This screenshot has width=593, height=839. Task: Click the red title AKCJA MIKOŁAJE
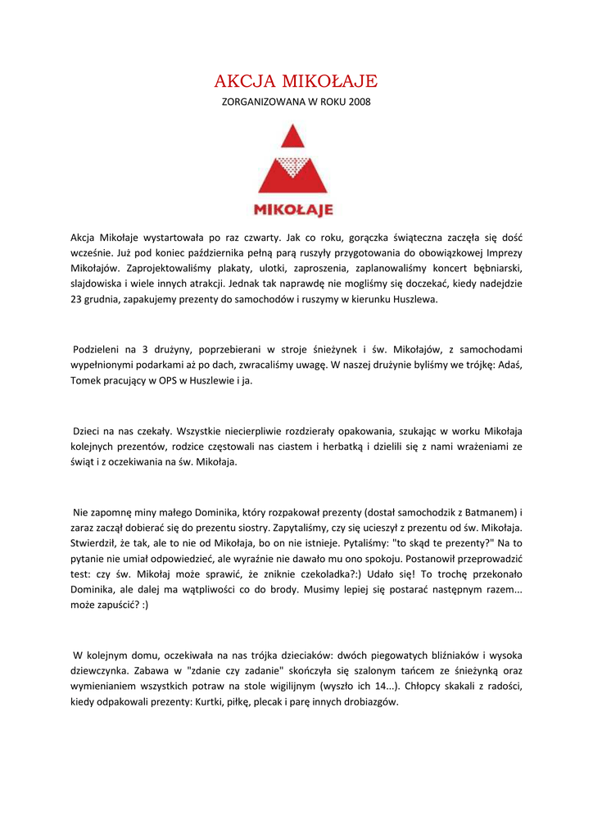(x=296, y=81)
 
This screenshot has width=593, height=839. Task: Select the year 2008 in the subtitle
(x=359, y=102)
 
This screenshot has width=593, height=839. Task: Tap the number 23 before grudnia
(x=77, y=299)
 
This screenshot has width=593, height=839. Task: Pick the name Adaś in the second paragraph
(x=509, y=365)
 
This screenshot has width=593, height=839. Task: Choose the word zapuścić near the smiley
(x=113, y=605)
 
